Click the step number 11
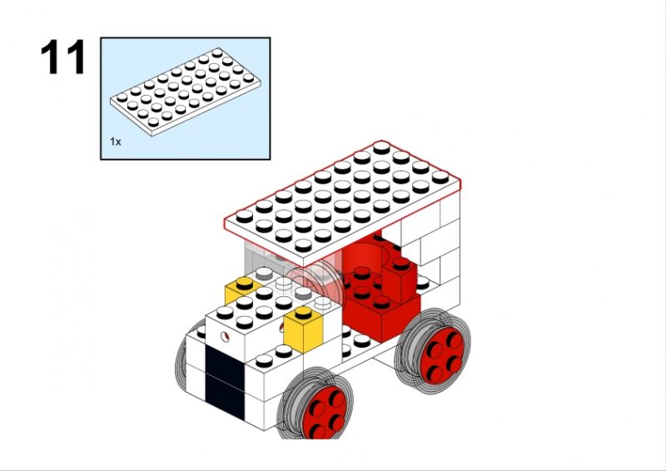pyautogui.click(x=63, y=57)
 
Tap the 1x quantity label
pyautogui.click(x=116, y=141)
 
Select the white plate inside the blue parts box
pyautogui.click(x=185, y=92)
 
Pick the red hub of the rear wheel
pyautogui.click(x=443, y=355)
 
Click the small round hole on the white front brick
pyautogui.click(x=225, y=337)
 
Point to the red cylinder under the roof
pyautogui.click(x=366, y=250)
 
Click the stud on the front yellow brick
pyautogui.click(x=303, y=312)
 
